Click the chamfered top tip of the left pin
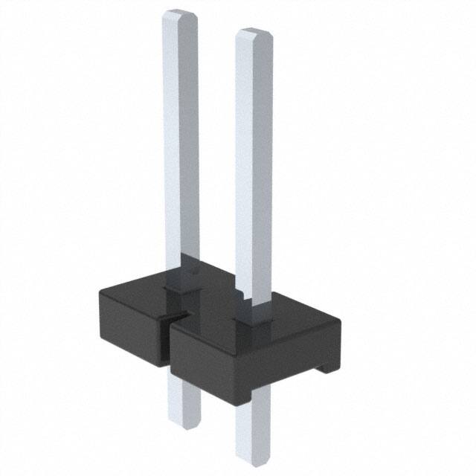tap(181, 15)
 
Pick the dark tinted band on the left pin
tap(182, 268)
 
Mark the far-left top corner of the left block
tap(100, 292)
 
